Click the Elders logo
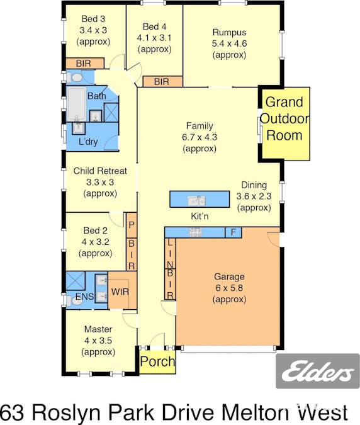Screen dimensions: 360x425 tap(317, 370)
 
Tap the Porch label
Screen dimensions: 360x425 tap(157, 361)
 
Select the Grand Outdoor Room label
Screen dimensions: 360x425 tap(284, 119)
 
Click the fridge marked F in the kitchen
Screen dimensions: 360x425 tap(233, 232)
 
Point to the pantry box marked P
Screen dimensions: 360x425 tap(132, 225)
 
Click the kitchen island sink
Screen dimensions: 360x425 tap(196, 201)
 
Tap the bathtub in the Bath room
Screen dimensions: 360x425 tap(76, 105)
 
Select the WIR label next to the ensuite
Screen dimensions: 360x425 tap(120, 292)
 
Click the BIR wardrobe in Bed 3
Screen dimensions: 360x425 tap(85, 64)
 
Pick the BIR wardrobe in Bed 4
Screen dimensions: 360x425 tap(162, 82)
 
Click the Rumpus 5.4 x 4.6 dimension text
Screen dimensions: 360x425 tap(230, 43)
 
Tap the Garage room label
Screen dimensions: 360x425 tap(229, 276)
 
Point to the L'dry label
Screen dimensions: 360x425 tap(88, 142)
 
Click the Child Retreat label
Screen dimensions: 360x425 tap(100, 171)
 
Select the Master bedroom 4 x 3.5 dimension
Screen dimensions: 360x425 tap(98, 341)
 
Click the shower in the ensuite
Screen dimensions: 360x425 tap(76, 281)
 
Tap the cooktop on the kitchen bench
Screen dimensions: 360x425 tap(195, 232)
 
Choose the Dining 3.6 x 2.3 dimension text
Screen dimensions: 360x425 tap(254, 196)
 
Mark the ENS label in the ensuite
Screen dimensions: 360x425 tap(84, 297)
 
